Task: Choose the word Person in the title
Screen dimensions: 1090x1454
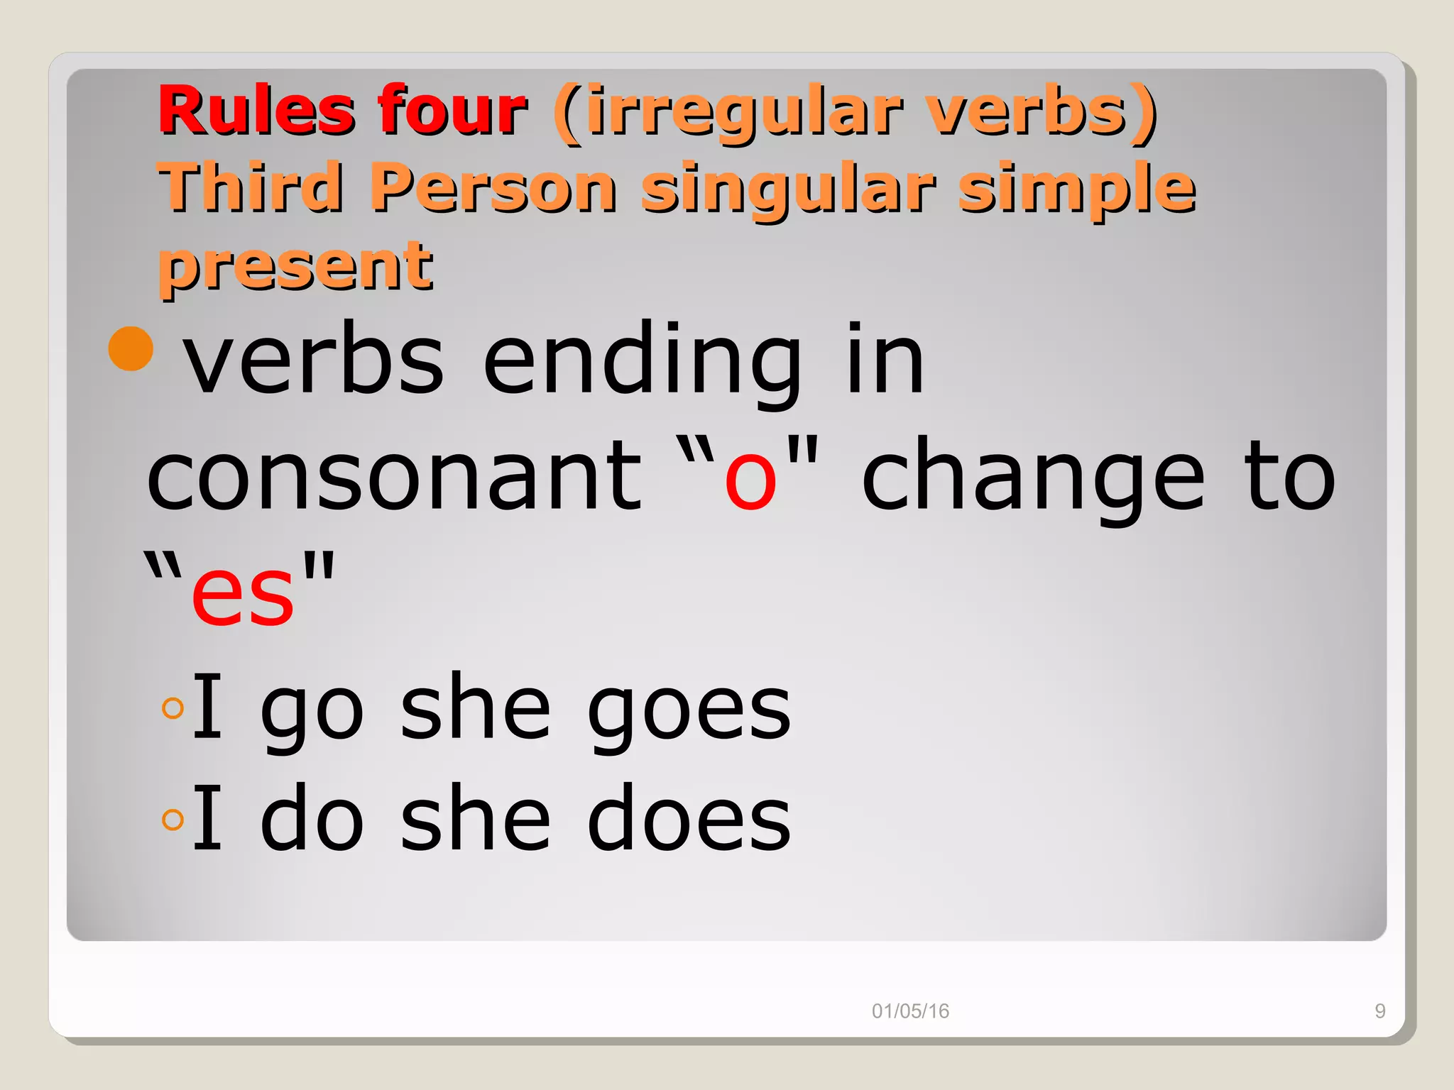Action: (493, 187)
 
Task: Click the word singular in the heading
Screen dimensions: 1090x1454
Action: (787, 189)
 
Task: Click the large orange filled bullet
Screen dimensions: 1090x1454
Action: (131, 348)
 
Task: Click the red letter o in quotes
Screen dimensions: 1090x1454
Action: (750, 478)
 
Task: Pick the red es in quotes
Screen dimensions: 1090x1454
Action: (242, 593)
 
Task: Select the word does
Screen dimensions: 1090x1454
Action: (689, 820)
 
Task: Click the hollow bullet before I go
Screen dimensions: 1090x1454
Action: (173, 708)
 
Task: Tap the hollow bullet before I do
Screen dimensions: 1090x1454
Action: (173, 820)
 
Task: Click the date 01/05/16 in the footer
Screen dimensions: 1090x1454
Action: (910, 1011)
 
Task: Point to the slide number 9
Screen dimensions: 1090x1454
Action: (1379, 1011)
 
